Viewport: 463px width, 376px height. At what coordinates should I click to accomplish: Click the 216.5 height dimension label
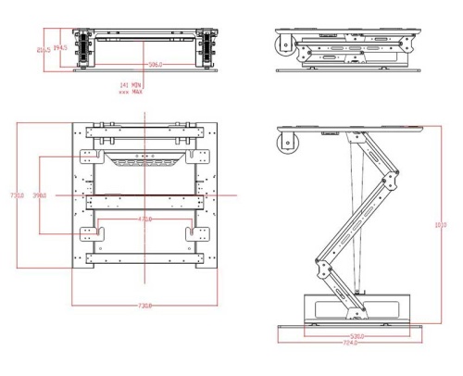[43, 50]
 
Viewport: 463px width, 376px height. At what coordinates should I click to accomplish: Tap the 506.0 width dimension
[156, 65]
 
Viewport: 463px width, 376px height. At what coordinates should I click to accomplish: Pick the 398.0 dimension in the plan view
[41, 196]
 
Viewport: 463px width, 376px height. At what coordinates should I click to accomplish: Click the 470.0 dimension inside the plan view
[145, 219]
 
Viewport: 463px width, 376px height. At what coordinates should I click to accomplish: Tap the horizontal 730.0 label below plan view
[145, 305]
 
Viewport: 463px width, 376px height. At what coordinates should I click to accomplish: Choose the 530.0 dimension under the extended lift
[356, 336]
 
